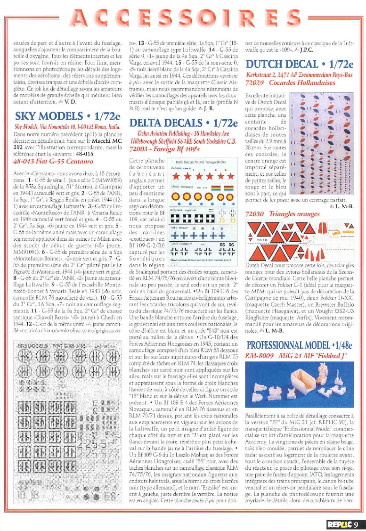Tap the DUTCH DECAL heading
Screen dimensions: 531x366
click(300, 64)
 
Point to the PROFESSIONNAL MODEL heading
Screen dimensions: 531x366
click(300, 345)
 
